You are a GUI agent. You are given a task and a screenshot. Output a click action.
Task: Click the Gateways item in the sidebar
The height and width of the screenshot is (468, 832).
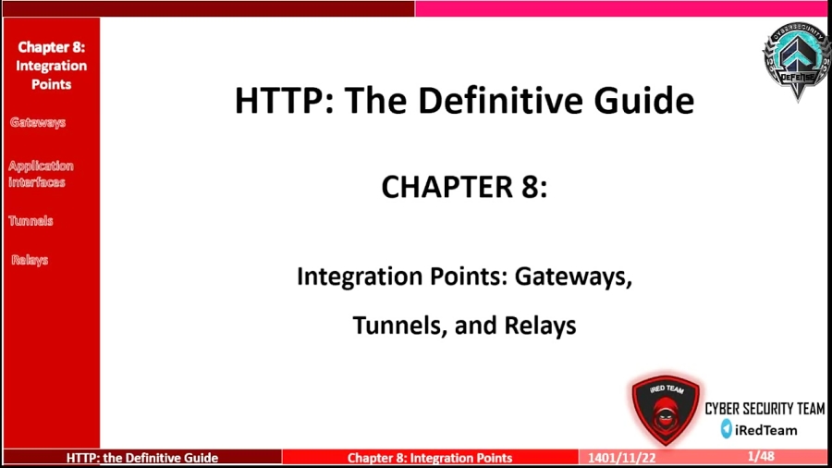(38, 122)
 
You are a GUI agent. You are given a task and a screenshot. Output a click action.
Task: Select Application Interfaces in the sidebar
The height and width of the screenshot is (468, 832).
(41, 174)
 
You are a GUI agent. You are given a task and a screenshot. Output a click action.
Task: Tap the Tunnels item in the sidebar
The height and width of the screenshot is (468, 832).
(31, 221)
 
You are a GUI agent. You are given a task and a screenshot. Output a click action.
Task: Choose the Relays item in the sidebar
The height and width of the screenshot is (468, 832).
(30, 260)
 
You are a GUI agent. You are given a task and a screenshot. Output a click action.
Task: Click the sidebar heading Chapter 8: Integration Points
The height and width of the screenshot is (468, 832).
(51, 65)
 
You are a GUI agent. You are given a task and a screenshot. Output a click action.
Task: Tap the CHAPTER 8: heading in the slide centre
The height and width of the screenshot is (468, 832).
(464, 187)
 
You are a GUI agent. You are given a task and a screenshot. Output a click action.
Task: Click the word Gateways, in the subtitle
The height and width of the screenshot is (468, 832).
(573, 276)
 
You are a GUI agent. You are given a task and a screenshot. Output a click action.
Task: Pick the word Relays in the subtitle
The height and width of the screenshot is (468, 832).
(540, 326)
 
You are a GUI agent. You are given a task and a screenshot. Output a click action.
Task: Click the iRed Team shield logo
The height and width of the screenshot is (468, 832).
(666, 410)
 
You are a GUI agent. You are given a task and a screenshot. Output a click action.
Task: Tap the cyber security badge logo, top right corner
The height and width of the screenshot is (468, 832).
(795, 59)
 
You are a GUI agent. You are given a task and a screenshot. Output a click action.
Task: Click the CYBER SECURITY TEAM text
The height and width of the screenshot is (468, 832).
(765, 409)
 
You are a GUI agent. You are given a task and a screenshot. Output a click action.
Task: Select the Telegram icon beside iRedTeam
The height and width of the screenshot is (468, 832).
(727, 429)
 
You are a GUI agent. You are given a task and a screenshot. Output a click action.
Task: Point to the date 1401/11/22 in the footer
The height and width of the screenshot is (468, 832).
(617, 458)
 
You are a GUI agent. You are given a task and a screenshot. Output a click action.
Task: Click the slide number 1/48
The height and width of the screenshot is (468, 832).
(761, 457)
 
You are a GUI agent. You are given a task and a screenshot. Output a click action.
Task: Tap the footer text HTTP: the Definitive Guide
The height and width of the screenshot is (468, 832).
(142, 458)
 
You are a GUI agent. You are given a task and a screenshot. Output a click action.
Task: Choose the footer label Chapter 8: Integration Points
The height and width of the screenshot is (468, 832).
(430, 458)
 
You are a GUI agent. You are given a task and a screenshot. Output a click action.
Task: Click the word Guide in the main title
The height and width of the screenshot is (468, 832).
(646, 100)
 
